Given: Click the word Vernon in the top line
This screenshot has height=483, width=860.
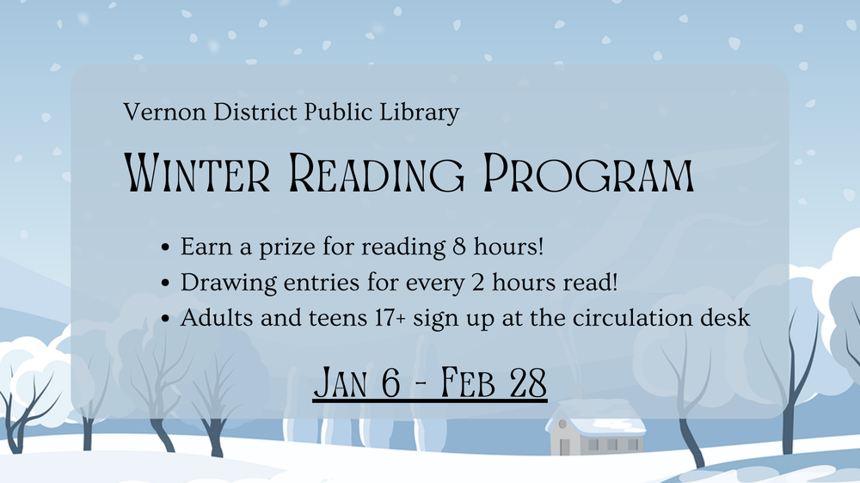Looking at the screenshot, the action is (x=164, y=112).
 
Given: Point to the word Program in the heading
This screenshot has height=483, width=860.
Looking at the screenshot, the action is (x=588, y=173).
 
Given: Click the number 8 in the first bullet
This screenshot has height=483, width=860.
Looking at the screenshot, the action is (x=459, y=247).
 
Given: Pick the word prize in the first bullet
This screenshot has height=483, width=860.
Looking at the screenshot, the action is (x=287, y=248).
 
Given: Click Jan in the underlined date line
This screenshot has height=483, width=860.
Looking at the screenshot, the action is (x=339, y=382).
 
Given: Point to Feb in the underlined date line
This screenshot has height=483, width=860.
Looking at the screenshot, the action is (x=468, y=382).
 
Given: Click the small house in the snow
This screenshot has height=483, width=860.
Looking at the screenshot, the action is (x=596, y=428).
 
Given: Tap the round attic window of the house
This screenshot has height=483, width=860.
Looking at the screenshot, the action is (x=562, y=424).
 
